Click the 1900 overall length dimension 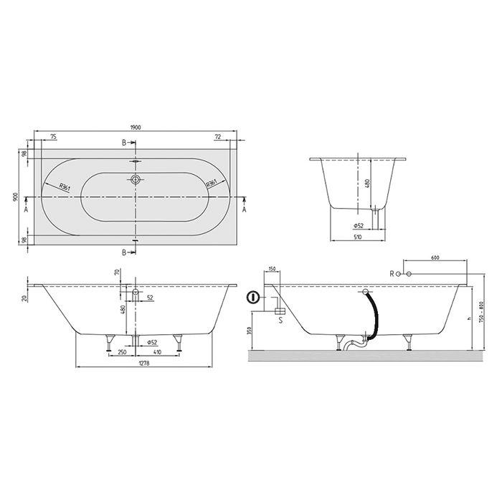[x=136, y=127]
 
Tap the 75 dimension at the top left [x=54, y=137]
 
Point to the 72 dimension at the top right [x=218, y=137]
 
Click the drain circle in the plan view [x=136, y=179]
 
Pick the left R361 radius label [x=65, y=186]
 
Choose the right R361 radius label [x=212, y=184]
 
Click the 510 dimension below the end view [x=358, y=237]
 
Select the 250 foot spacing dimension [x=122, y=352]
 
